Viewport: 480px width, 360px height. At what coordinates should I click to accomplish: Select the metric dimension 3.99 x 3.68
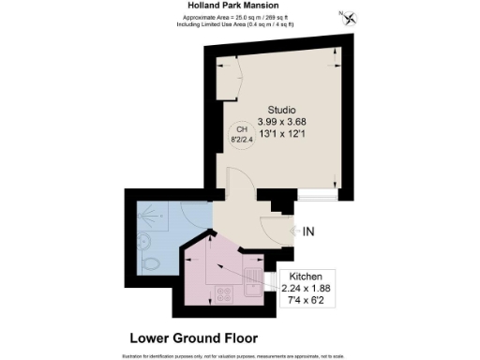pos(281,121)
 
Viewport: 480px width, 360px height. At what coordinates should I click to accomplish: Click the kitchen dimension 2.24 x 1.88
pos(307,290)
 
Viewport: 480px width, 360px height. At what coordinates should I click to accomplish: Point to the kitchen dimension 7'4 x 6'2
pos(307,301)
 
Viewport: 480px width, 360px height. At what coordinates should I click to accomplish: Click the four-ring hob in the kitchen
pos(225,292)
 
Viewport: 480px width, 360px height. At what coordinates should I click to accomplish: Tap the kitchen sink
pos(254,286)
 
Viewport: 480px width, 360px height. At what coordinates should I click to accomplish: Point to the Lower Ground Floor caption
pos(193,337)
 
